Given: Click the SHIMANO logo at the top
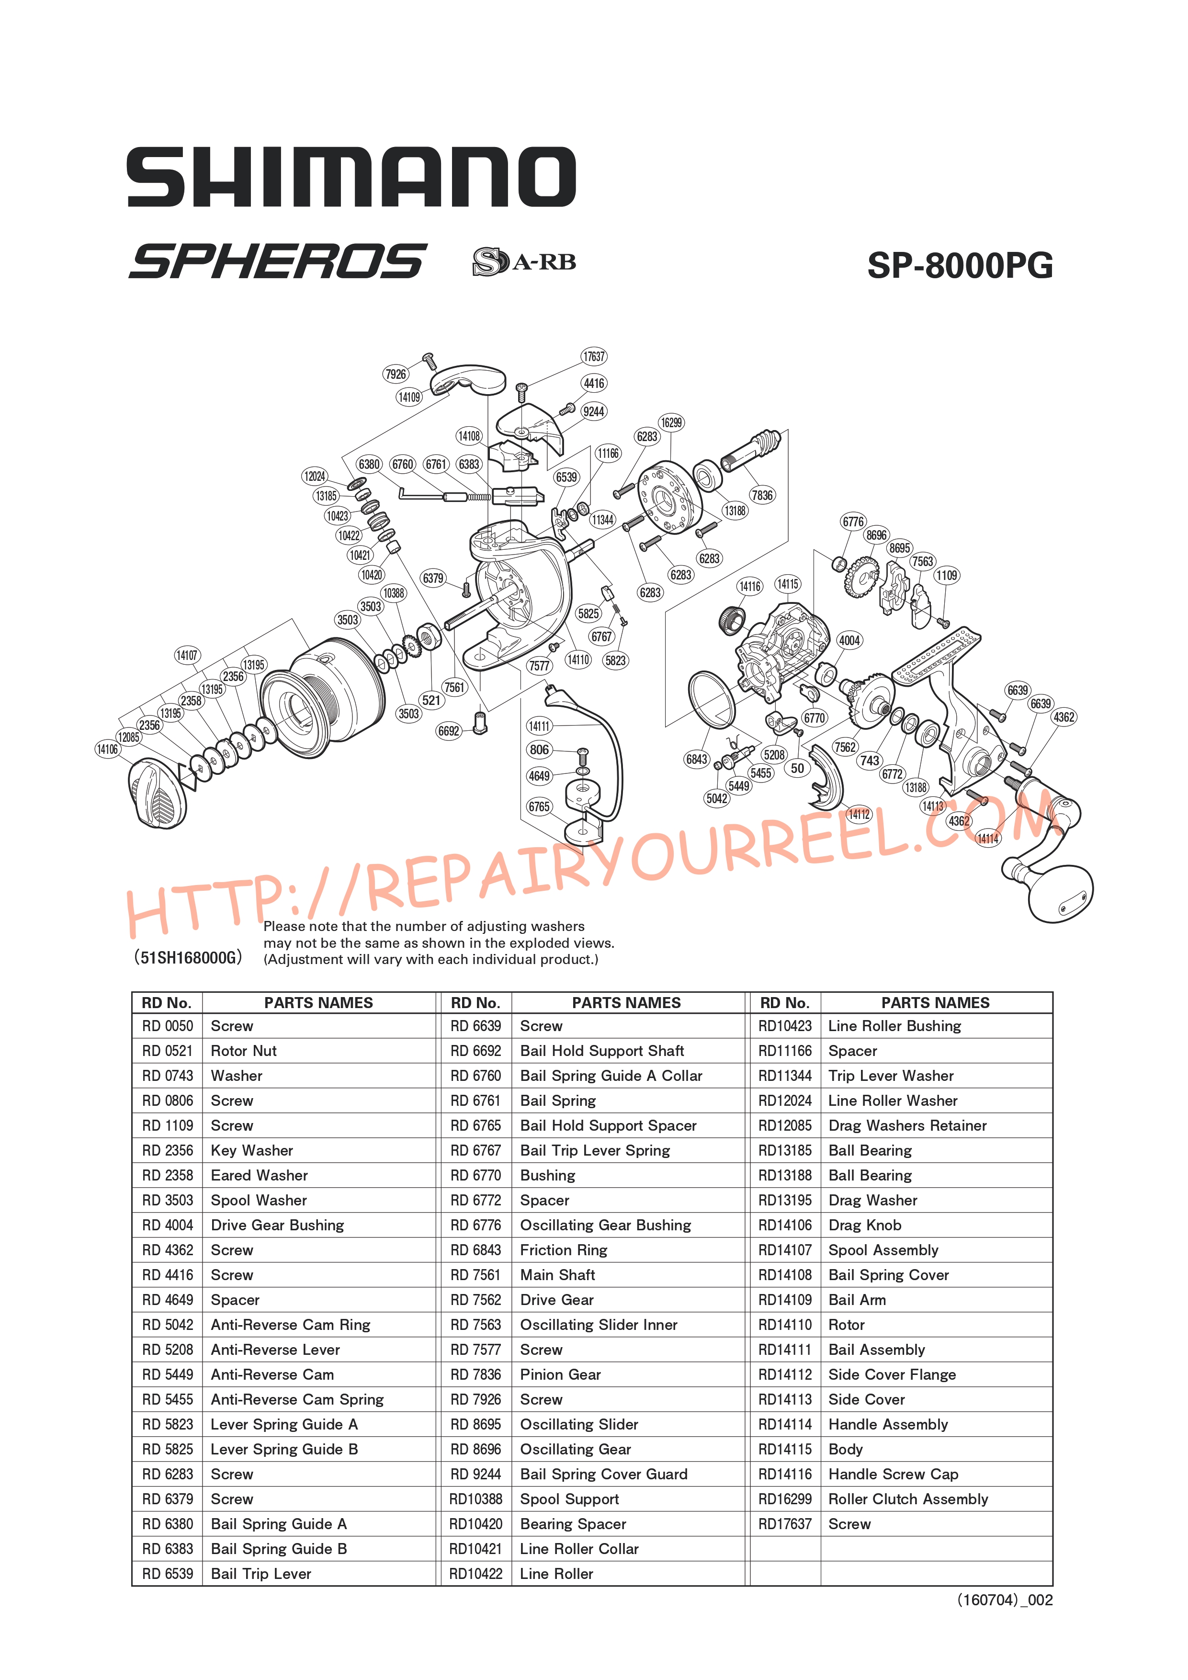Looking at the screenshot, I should (x=351, y=177).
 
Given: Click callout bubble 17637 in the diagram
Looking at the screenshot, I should (x=594, y=356).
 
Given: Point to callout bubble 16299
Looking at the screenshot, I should (x=671, y=422).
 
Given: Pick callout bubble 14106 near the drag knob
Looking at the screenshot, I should (x=108, y=749).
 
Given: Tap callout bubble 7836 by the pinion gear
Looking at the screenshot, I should (x=761, y=495).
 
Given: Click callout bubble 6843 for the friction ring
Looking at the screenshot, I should (x=696, y=760).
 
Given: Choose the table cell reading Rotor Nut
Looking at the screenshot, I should (x=244, y=1051).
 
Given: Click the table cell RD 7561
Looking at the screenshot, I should (x=475, y=1275).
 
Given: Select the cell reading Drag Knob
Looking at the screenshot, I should (x=865, y=1225).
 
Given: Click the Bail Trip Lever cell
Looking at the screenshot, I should (x=261, y=1573).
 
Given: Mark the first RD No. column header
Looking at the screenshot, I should (x=167, y=1002).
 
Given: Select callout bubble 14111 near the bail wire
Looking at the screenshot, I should (x=539, y=726).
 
